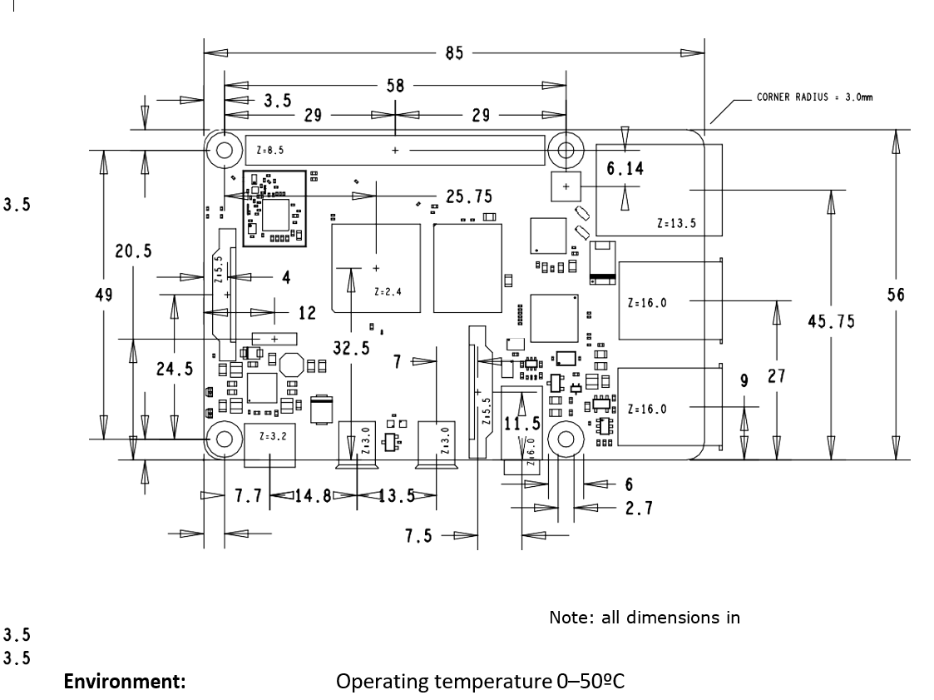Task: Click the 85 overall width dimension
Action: (454, 54)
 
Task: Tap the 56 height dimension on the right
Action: (896, 295)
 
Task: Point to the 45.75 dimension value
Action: (831, 321)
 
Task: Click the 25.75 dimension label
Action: (468, 196)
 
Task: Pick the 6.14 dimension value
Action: (625, 169)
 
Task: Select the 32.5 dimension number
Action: (352, 349)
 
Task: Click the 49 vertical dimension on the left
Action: (104, 295)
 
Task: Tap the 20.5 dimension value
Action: (133, 252)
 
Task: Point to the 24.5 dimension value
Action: (175, 370)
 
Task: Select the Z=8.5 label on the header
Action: (272, 151)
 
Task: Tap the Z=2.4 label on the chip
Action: (388, 292)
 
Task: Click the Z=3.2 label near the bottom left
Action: (272, 434)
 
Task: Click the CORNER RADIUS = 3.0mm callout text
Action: (814, 97)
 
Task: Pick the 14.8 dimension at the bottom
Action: (313, 496)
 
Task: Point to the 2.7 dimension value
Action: (639, 508)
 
